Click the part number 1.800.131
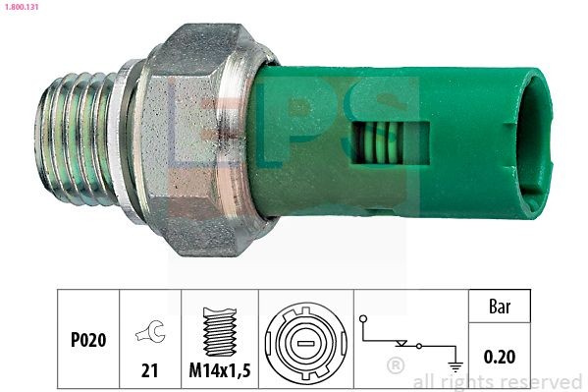25,7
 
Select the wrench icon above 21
150,335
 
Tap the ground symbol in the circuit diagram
455,363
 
